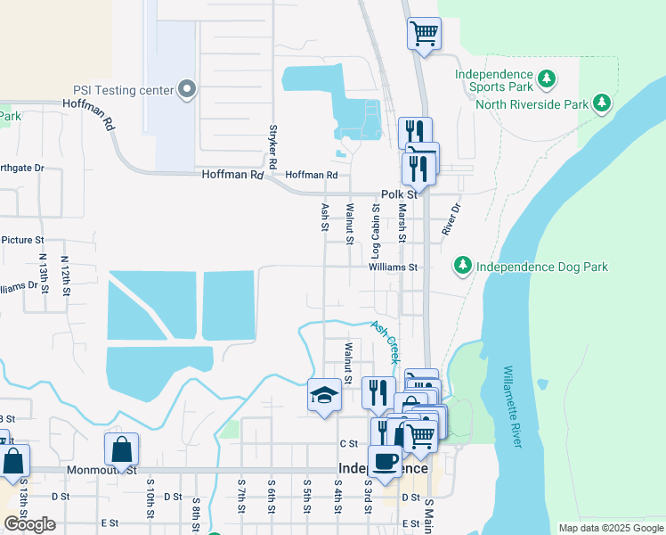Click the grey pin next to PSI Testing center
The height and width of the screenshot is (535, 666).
click(187, 89)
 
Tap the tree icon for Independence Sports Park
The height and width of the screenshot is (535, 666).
click(547, 80)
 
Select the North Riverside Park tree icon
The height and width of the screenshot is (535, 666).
click(603, 103)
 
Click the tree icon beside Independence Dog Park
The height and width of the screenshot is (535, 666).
click(462, 266)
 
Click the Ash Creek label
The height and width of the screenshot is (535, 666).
click(385, 342)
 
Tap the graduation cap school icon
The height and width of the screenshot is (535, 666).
click(324, 394)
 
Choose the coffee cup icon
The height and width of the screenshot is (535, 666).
click(385, 461)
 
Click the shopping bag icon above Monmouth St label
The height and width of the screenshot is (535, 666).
click(121, 449)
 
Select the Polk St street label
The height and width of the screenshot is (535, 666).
click(399, 194)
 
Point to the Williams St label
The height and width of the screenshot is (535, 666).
click(394, 267)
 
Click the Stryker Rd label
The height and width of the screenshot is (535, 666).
click(273, 146)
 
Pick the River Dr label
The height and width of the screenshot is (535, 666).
click(451, 219)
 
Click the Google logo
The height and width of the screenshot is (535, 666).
click(29, 524)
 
